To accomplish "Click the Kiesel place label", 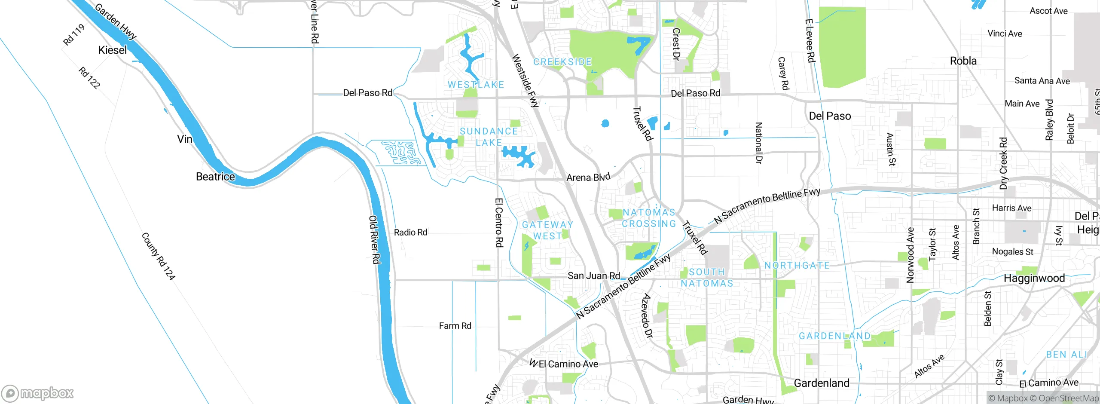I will click(113, 50).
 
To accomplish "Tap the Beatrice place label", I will click(215, 177).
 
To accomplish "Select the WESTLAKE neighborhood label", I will click(476, 85).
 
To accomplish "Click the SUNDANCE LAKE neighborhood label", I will click(489, 137).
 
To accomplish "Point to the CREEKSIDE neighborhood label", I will click(562, 62).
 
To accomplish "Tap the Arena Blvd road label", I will click(588, 177).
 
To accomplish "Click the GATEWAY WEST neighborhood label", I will click(547, 230).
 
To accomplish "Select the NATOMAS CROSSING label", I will click(649, 218).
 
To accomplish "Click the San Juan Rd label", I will click(593, 275).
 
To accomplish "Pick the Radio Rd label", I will click(410, 233).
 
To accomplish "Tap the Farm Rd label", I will click(455, 326).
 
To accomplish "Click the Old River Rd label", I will click(375, 239).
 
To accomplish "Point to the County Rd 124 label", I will click(158, 256).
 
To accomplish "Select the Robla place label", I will click(963, 61).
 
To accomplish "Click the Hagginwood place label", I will click(1034, 279).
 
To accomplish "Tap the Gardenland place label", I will click(821, 383).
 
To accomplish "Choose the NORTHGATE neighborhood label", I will click(797, 266).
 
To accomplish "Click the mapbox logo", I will click(38, 393).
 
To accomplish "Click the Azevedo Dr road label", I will click(646, 315).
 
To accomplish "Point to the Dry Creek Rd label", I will click(1003, 163).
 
